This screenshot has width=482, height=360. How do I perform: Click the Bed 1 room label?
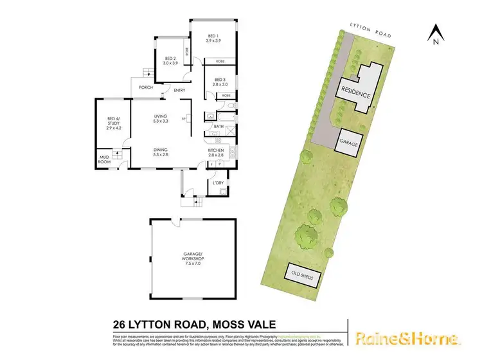(x=213, y=38)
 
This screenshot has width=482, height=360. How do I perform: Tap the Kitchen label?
(x=215, y=152)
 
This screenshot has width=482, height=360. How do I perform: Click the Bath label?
(x=219, y=127)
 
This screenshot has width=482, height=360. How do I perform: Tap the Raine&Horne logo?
(x=407, y=339)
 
